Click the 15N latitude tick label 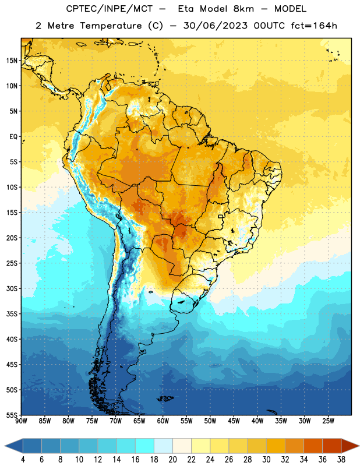pos(12,61)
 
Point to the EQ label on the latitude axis pos(13,137)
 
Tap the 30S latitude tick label pos(12,288)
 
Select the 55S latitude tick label pos(12,415)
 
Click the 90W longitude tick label pos(21,421)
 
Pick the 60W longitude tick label pos(163,421)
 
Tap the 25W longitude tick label pos(328,421)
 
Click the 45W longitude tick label pos(234,421)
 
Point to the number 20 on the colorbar pos(172,460)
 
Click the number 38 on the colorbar pos(341,460)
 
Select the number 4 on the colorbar pos(23,460)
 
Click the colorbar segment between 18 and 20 pos(163,446)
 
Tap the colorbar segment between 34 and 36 pos(313,446)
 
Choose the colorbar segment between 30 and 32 pos(276,446)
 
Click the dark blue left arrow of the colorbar pos(14,446)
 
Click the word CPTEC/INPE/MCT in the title pos(110,9)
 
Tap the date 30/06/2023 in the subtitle pos(216,26)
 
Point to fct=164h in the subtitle pos(314,26)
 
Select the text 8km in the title pos(243,9)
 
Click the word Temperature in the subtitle pos(111,26)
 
